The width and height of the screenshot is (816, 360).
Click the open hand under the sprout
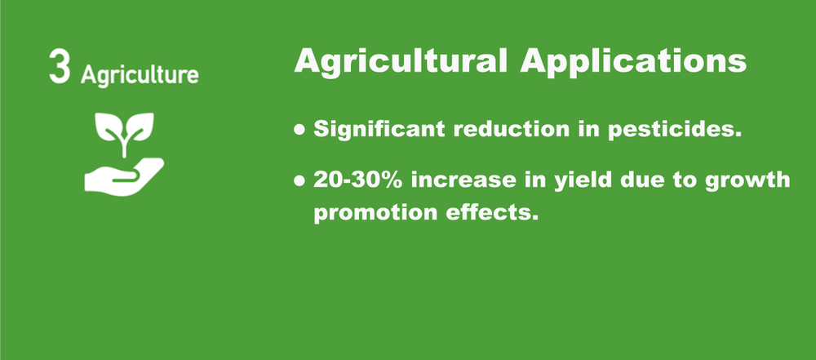point(124,176)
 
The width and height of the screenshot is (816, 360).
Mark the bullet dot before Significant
point(300,130)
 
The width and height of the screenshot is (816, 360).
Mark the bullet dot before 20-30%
point(300,180)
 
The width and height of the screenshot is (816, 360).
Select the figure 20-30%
point(359,179)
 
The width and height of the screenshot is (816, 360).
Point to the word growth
point(752,180)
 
